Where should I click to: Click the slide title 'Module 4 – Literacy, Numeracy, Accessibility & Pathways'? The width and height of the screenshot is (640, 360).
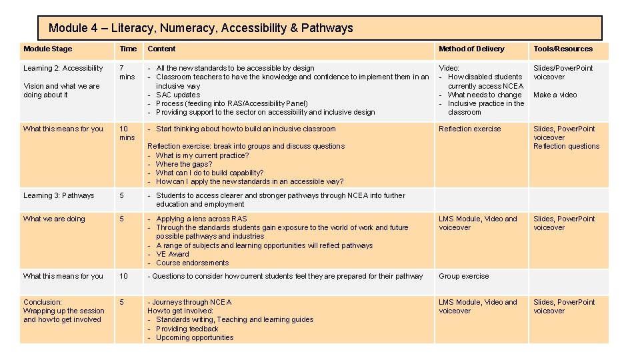tap(201, 28)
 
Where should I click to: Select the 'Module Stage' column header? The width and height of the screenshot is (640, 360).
tap(47, 49)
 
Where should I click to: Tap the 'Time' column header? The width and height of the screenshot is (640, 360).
tap(128, 49)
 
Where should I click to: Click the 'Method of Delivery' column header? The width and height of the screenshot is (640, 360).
tap(471, 49)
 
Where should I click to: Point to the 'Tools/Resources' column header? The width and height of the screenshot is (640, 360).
tap(563, 49)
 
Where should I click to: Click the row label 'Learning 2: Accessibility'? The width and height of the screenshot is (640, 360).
tap(63, 68)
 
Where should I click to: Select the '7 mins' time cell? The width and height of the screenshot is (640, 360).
tap(127, 72)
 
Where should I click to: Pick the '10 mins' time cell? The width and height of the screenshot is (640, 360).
tap(127, 133)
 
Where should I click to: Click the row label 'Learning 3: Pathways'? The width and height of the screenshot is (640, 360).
tap(59, 195)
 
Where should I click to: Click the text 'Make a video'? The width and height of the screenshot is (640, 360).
tap(555, 95)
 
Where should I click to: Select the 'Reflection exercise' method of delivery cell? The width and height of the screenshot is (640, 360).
tap(469, 129)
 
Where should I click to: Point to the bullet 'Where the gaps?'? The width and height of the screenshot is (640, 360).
tap(183, 164)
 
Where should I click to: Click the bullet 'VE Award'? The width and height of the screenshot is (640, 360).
tap(172, 254)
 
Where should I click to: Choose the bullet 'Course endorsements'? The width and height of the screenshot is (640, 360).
tap(192, 263)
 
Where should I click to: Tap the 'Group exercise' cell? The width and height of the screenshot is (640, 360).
tap(463, 276)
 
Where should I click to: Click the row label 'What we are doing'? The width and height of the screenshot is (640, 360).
tap(54, 219)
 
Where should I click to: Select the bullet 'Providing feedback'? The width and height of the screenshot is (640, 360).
tap(187, 329)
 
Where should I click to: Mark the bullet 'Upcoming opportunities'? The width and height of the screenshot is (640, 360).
tap(194, 337)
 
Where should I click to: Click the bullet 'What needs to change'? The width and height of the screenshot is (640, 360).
tap(484, 95)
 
